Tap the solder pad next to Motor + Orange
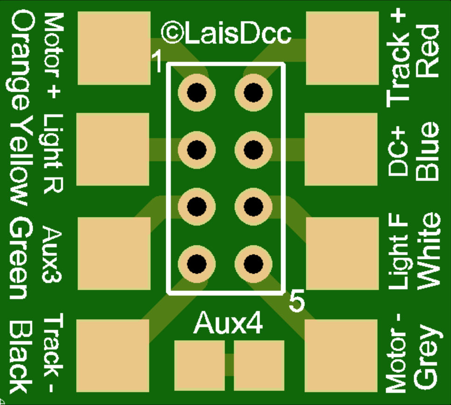[113, 48]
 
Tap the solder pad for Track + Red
[342, 48]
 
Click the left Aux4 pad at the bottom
[199, 365]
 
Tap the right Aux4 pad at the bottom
[259, 365]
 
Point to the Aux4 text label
[228, 323]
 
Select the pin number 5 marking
[296, 302]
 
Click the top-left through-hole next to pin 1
[197, 92]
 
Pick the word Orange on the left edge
[23, 61]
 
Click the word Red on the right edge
[428, 51]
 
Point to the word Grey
[427, 357]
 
